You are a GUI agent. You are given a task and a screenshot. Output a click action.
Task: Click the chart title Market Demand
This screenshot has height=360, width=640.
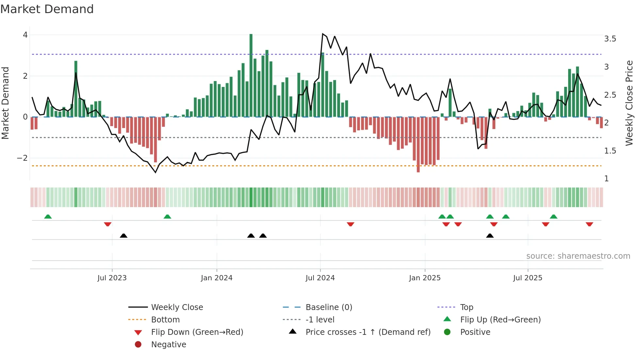pos(47,9)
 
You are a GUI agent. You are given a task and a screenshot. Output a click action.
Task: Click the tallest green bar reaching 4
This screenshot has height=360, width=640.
pos(251,75)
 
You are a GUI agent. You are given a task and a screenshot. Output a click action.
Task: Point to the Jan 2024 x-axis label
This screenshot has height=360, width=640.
pos(216,278)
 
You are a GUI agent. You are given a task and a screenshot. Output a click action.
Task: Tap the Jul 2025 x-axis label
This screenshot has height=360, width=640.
pos(527,278)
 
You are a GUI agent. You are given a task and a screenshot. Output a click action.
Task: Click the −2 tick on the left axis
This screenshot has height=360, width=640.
pos(22,158)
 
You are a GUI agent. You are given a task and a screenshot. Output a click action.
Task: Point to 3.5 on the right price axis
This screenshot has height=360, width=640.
pos(610,39)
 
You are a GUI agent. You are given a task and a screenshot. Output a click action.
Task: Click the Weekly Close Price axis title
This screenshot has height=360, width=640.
pos(629,103)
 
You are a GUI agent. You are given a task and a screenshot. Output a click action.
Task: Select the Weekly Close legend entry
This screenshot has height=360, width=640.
pos(177,307)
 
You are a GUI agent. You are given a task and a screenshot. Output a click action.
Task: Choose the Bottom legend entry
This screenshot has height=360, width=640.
pos(165,320)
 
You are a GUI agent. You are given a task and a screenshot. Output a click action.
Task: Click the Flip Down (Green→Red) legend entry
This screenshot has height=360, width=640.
pos(197,332)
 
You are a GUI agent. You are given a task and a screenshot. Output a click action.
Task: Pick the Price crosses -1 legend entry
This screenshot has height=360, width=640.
pos(368,332)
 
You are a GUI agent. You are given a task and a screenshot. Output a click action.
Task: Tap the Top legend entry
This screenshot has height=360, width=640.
pos(467,307)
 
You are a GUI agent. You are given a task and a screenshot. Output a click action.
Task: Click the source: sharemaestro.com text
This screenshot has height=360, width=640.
pos(578,256)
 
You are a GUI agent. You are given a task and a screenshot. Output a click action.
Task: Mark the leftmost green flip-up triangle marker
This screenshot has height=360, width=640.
pos(48,217)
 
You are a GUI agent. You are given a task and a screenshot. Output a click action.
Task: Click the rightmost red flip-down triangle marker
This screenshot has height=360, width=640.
pos(589,224)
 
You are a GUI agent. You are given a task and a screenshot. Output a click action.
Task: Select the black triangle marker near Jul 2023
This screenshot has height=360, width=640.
pos(123,236)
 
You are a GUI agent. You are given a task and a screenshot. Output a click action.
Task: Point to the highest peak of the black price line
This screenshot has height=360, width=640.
pos(323,34)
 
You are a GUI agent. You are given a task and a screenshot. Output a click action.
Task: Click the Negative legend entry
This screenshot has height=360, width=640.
pos(168,345)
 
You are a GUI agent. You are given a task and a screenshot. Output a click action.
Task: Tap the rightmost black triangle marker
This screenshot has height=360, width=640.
pos(490,236)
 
